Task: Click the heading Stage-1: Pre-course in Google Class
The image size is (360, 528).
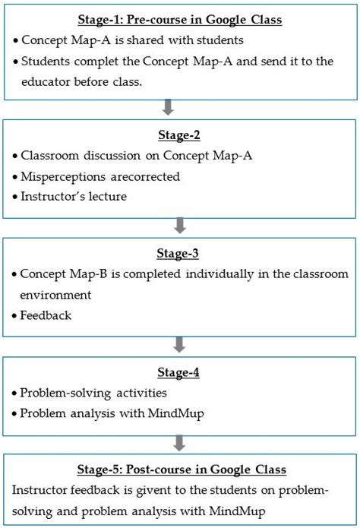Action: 180,20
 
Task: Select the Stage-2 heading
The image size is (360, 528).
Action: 180,135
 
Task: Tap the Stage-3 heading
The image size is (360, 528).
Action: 180,255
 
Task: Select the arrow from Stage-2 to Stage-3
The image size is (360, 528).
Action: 180,225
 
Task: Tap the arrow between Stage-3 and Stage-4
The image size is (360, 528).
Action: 180,344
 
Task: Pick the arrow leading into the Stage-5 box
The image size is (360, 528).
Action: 180,442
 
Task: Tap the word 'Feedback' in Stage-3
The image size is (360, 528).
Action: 46,315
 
